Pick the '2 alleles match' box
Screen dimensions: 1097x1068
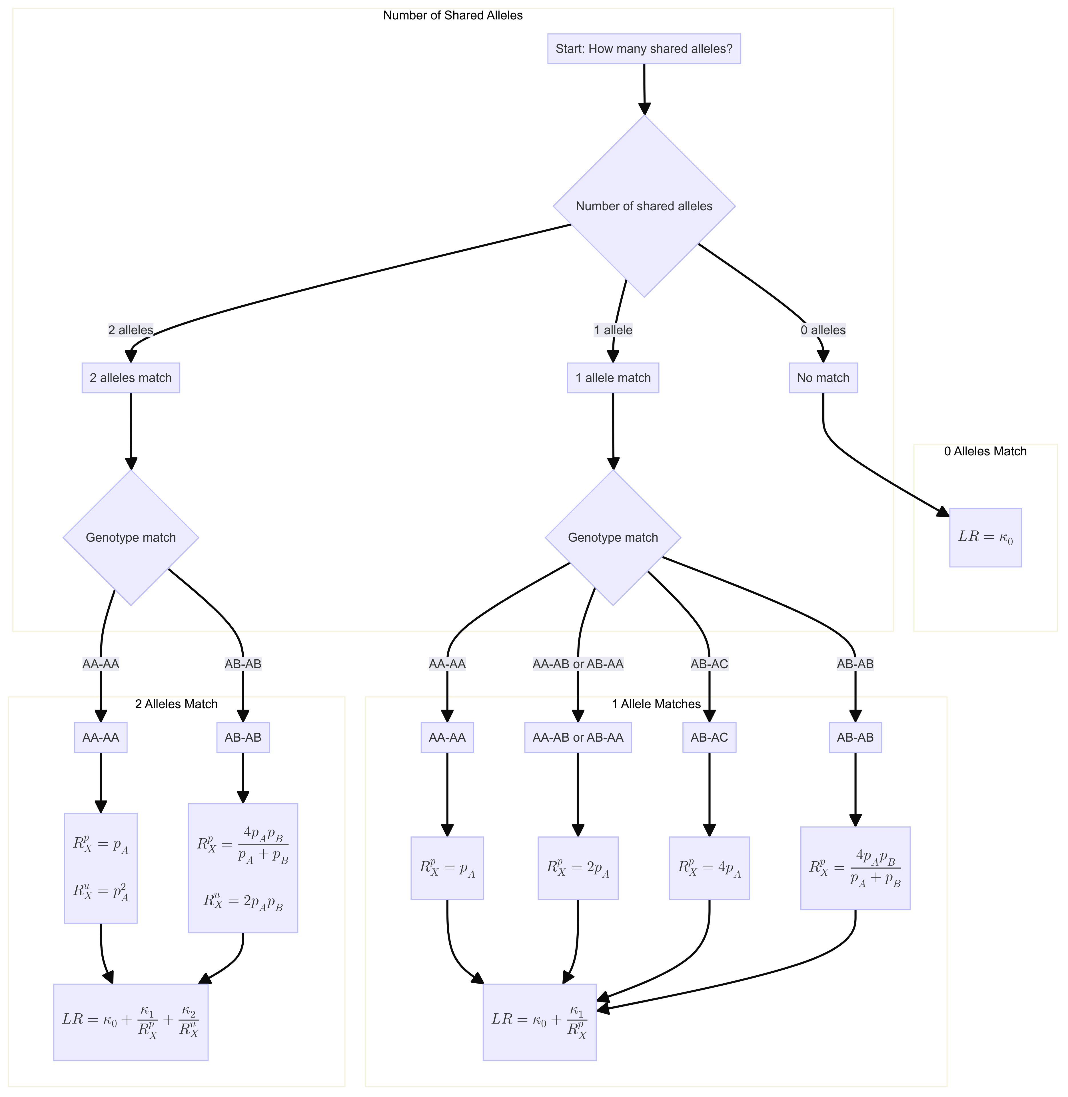[x=131, y=378]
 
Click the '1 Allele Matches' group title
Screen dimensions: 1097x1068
[x=656, y=704]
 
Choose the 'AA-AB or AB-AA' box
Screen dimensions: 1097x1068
[x=578, y=737]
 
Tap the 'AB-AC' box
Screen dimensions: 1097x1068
[x=709, y=737]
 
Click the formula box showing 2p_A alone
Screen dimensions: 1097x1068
[x=578, y=868]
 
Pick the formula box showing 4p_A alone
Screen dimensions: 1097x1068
[x=709, y=868]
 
